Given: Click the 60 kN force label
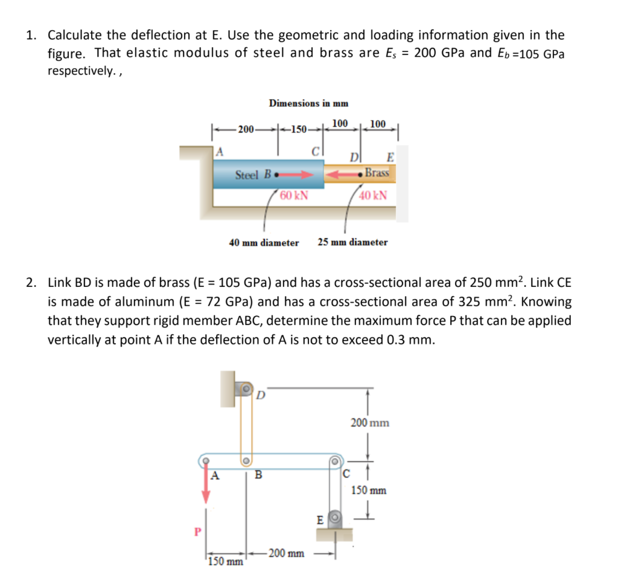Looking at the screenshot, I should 294,195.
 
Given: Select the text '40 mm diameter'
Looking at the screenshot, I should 264,242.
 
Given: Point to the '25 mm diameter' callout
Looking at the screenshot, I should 352,242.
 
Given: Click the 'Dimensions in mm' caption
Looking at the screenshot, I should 308,103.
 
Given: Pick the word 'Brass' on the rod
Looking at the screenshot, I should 377,173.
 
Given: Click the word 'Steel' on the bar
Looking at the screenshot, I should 247,175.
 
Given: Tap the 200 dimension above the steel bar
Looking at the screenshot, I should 246,129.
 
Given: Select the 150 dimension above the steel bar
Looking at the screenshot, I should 298,129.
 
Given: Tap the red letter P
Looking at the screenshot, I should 196,532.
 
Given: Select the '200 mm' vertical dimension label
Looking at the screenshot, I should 370,423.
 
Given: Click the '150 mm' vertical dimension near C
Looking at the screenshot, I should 369,490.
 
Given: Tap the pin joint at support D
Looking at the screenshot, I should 246,389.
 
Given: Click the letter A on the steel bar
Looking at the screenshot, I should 220,152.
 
